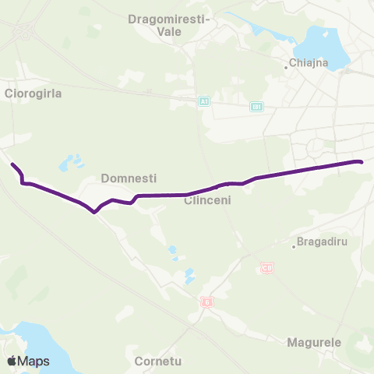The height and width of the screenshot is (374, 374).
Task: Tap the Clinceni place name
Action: (x=206, y=200)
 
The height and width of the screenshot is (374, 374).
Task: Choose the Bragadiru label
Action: (x=322, y=241)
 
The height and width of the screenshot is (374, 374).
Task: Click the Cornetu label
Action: (x=157, y=362)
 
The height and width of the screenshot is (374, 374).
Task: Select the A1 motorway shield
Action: (x=203, y=102)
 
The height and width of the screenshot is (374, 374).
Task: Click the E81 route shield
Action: (x=257, y=106)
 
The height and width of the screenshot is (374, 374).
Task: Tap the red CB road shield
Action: (x=267, y=267)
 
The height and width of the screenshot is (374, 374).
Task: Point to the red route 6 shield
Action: (x=206, y=302)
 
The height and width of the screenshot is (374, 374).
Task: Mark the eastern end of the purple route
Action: (x=361, y=162)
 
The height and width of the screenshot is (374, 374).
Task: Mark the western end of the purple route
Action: (x=12, y=164)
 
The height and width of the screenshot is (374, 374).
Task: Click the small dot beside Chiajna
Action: (x=287, y=68)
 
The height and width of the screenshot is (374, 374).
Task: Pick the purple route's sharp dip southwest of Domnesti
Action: (x=94, y=211)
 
